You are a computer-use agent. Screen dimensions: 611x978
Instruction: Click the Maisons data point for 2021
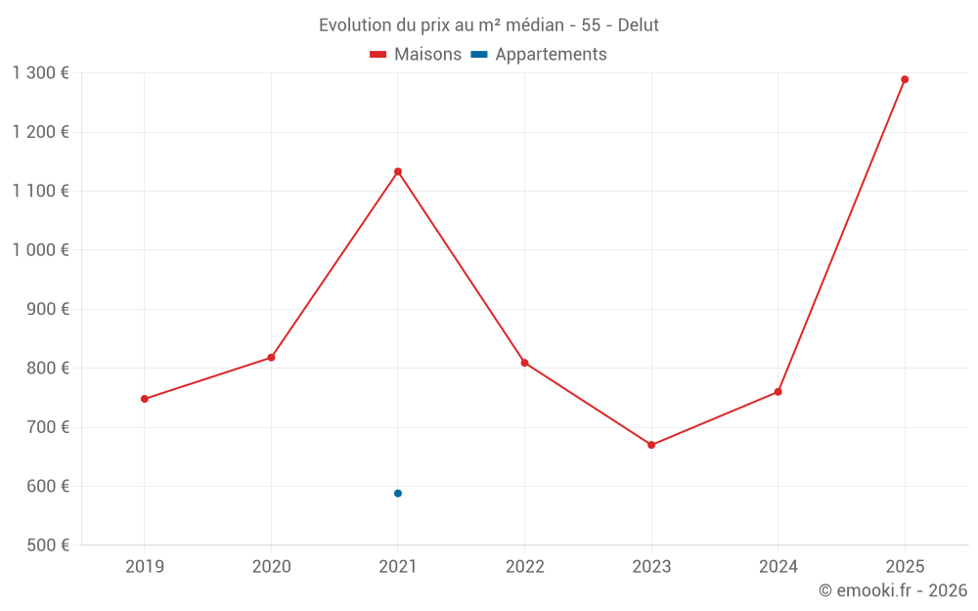tap(398, 172)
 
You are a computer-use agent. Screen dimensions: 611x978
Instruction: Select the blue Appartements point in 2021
tap(398, 494)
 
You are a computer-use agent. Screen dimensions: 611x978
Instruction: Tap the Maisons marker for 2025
tap(905, 80)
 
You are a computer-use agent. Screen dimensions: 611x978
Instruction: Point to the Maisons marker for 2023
tap(651, 445)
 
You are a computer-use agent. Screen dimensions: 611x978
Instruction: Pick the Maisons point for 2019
tap(145, 399)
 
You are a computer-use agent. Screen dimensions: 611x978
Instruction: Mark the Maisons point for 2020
tap(271, 358)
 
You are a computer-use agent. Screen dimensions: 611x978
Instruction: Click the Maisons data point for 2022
tap(524, 363)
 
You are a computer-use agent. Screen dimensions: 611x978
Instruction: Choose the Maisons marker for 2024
tap(778, 392)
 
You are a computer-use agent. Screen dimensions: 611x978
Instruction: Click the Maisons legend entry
tap(416, 55)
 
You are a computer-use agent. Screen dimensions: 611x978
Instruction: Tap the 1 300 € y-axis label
tap(41, 73)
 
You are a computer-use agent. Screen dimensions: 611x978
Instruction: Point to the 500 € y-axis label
tap(47, 545)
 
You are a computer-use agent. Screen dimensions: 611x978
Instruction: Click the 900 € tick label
tap(47, 309)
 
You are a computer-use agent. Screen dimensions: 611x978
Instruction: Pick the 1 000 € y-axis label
tap(41, 250)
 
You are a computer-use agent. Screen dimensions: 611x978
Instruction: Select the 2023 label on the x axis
tap(651, 567)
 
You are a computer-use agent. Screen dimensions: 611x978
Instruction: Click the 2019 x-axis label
tap(145, 567)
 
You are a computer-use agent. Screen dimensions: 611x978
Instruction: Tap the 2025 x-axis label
tap(905, 567)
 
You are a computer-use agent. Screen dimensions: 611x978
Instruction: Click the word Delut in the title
tap(638, 25)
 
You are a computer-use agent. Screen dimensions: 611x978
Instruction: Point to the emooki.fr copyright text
tap(893, 590)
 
